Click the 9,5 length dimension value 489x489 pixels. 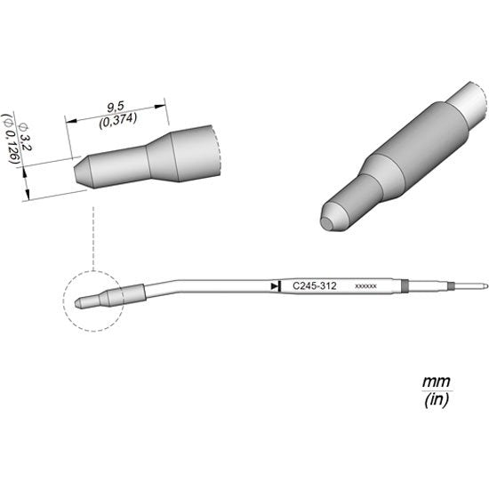click(116, 108)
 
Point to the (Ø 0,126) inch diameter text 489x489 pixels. click(12, 140)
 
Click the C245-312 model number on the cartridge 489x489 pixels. click(315, 286)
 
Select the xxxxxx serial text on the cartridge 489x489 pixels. click(365, 286)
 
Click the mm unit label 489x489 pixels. click(437, 381)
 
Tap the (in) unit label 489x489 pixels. click(437, 399)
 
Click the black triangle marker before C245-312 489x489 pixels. click(275, 286)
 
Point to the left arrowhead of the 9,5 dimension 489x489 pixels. click(72, 121)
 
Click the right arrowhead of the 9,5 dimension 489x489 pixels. click(160, 107)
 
